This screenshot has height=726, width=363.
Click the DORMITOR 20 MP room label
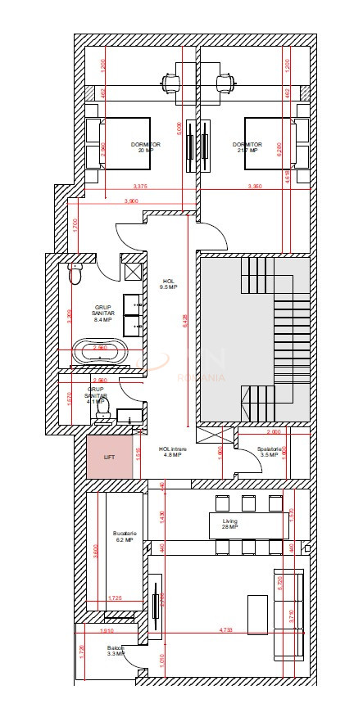pos(145,147)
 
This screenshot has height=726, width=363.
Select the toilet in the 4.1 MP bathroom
pos(103,417)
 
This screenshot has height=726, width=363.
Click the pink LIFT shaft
pos(110,458)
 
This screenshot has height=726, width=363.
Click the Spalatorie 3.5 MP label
pos(271,451)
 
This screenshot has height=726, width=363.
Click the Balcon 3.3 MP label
pos(115,651)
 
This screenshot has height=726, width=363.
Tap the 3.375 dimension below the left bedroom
pos(139,187)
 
